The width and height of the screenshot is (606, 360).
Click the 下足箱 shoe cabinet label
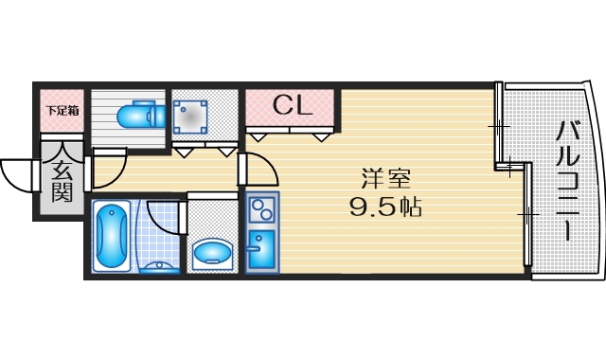coord(62,111)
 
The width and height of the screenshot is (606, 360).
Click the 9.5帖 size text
coord(385,206)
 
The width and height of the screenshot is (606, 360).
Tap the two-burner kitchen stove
coord(261,206)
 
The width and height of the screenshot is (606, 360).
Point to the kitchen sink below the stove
coord(260,248)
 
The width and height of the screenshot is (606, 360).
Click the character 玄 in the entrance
coord(62,171)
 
